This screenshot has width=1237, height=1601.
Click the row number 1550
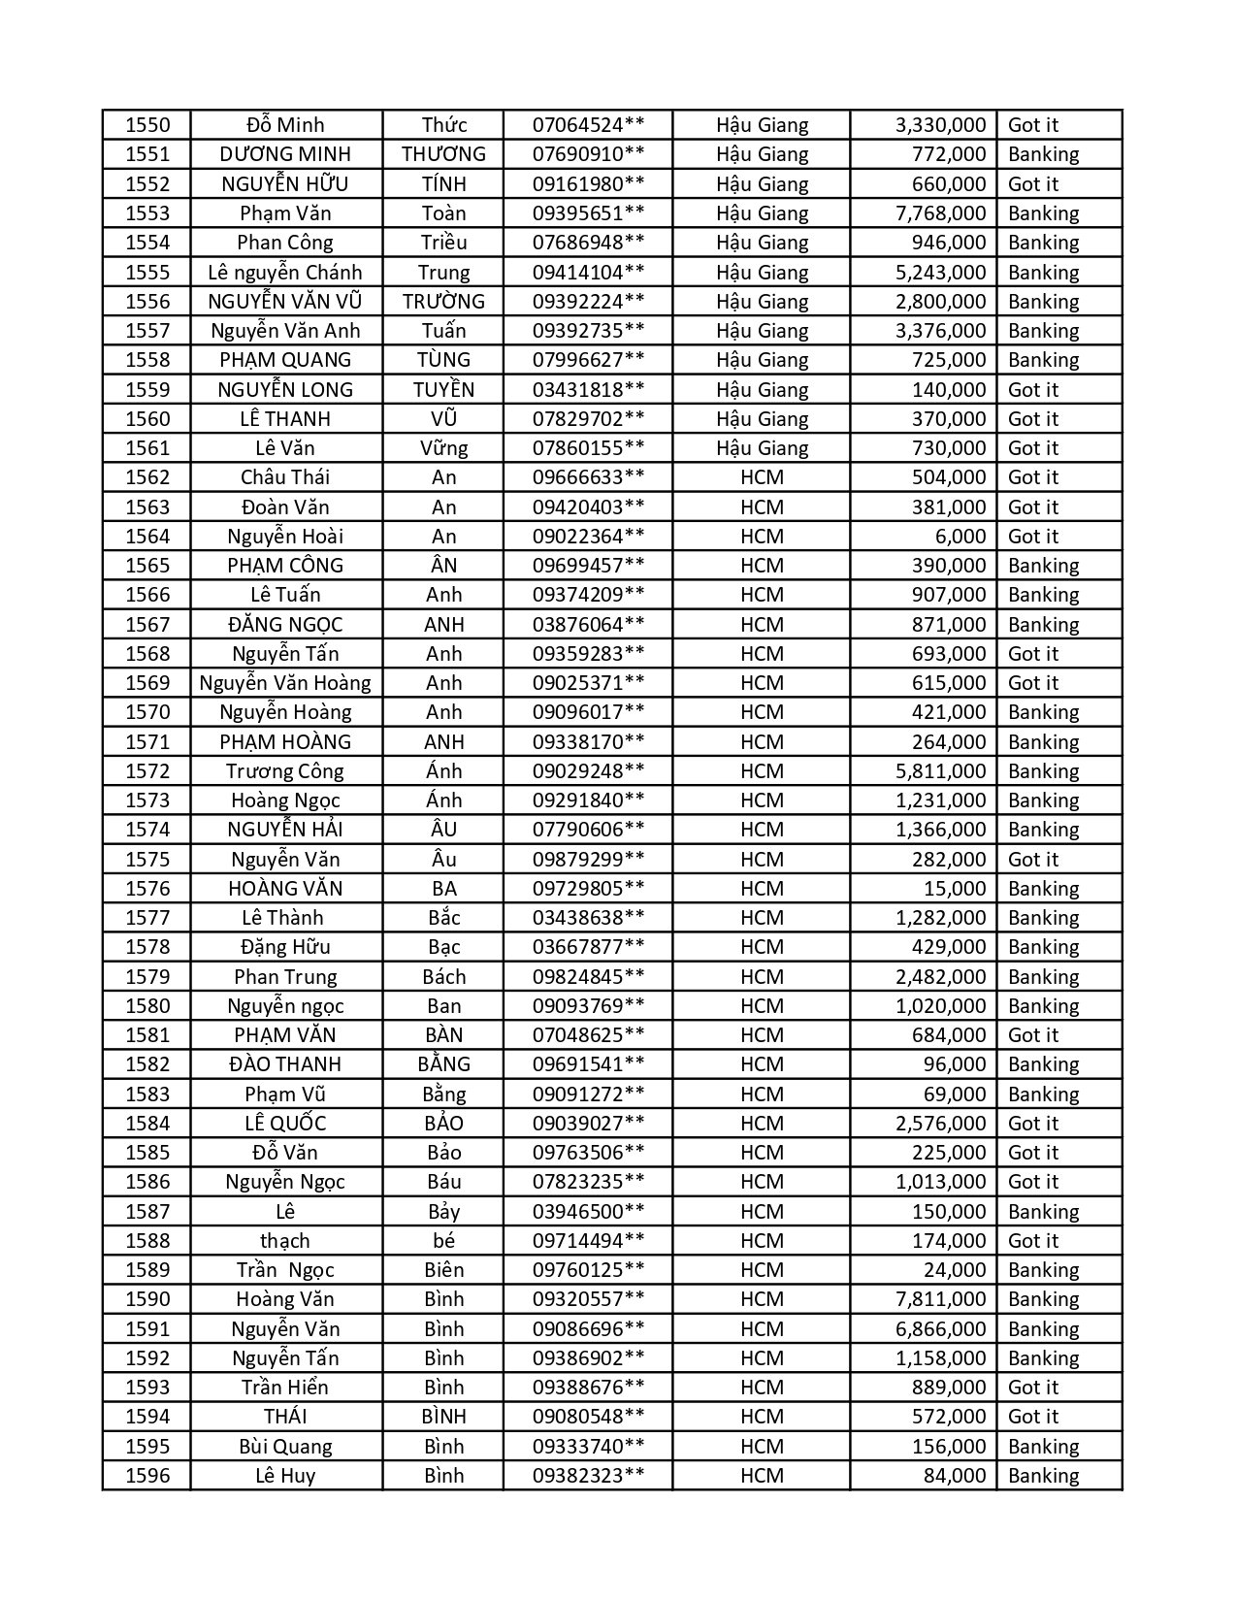147,125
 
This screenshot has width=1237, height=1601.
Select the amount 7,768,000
940,213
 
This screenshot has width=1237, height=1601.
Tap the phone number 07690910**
588,154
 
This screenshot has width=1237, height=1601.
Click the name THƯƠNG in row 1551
443,154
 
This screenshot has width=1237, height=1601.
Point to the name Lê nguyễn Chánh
285,273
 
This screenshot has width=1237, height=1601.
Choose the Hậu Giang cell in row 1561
762,448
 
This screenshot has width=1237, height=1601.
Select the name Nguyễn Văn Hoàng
285,683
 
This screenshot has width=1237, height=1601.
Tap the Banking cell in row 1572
1043,771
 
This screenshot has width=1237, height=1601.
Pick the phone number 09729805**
588,889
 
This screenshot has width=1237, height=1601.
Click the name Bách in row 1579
443,977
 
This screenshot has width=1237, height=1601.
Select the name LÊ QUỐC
285,1124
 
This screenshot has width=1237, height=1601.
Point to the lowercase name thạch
285,1241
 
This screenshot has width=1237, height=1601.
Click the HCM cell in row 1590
762,1299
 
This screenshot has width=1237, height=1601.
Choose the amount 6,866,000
940,1329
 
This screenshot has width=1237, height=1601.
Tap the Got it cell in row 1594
1033,1417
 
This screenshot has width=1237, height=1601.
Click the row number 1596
147,1476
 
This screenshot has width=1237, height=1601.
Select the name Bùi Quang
285,1447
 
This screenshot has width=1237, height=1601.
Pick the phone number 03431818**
588,390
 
